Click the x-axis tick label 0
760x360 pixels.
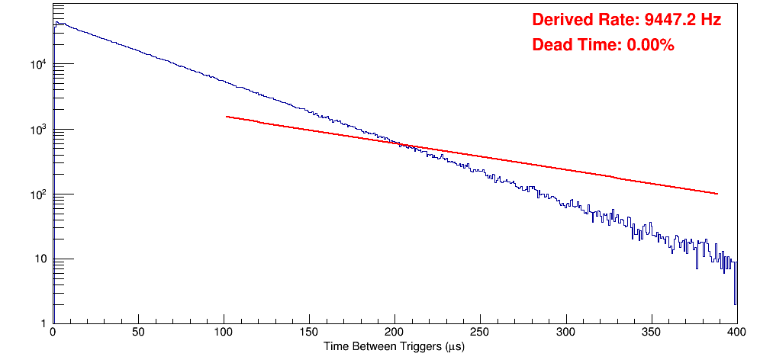(52, 333)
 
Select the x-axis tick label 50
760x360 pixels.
(138, 333)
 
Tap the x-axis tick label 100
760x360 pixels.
(224, 333)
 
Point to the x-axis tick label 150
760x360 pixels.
(309, 333)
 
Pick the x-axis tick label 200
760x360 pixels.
(394, 333)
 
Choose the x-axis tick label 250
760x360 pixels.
(480, 333)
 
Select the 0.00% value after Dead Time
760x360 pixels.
(650, 46)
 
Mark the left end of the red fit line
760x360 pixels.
(227, 117)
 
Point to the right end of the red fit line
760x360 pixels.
(718, 194)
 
